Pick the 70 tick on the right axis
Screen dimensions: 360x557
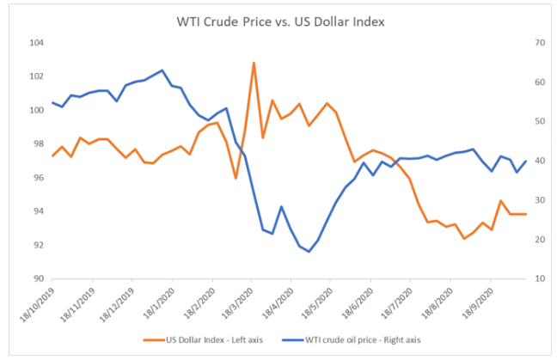[x=540, y=42]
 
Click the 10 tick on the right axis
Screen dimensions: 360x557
[x=540, y=278]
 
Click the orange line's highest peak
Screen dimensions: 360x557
[x=254, y=63]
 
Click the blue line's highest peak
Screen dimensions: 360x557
[x=162, y=70]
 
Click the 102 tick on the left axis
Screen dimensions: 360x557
[x=38, y=76]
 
